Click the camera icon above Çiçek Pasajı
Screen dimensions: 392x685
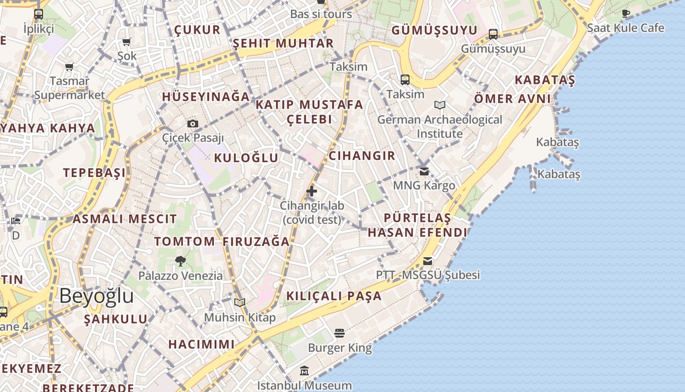click(x=193, y=123)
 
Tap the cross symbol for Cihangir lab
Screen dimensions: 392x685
click(x=312, y=191)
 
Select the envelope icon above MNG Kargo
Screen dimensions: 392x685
click(x=424, y=171)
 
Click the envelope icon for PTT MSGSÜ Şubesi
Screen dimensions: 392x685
click(x=428, y=261)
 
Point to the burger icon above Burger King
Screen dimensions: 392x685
click(x=340, y=333)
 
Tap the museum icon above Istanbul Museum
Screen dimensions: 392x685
click(x=304, y=370)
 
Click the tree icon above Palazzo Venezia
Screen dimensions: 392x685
click(x=180, y=261)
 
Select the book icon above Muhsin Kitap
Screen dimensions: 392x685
click(x=239, y=302)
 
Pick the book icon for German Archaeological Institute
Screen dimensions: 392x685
click(x=440, y=105)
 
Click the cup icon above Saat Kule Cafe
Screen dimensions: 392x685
click(x=626, y=13)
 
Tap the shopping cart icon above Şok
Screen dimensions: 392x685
click(x=127, y=42)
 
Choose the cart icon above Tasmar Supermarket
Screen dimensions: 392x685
click(x=69, y=67)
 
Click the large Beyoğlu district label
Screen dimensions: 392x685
click(x=97, y=296)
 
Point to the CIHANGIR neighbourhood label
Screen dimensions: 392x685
click(x=362, y=156)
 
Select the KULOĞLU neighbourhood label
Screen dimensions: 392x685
click(x=246, y=158)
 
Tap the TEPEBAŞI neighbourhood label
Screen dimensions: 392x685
click(x=94, y=172)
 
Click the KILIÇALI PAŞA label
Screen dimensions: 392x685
click(x=334, y=296)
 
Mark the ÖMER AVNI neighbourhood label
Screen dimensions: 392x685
click(x=512, y=99)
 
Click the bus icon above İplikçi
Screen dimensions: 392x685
click(x=39, y=14)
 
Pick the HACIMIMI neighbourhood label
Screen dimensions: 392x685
click(x=202, y=344)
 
